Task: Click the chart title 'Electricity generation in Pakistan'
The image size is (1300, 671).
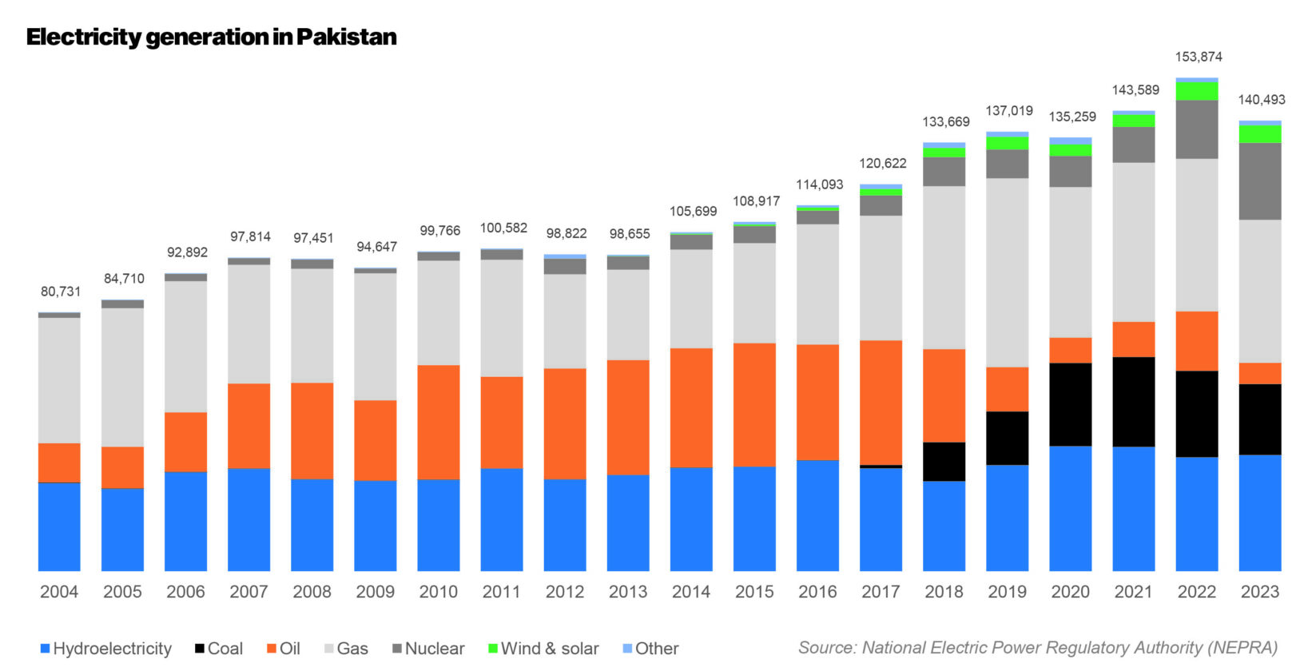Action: click(211, 38)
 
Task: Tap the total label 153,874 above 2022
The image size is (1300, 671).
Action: click(1198, 57)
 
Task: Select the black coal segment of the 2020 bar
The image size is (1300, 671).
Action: click(1070, 404)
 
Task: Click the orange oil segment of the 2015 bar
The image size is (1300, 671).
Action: click(754, 404)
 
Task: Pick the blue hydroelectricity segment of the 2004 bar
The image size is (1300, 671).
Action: click(59, 526)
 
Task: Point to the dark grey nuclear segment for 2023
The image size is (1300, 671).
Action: click(1259, 181)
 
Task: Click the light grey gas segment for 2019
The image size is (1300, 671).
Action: click(1007, 272)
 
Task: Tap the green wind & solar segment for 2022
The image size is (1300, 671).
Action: click(1197, 91)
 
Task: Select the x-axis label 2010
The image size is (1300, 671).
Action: click(438, 592)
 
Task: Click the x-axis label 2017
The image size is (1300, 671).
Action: click(881, 592)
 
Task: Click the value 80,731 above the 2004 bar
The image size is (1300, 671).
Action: click(61, 292)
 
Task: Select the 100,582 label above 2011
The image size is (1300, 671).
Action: click(503, 228)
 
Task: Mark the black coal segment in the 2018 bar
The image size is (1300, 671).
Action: click(944, 461)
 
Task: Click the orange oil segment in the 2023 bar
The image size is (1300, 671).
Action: click(1259, 373)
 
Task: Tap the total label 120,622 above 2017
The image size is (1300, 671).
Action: click(882, 164)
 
